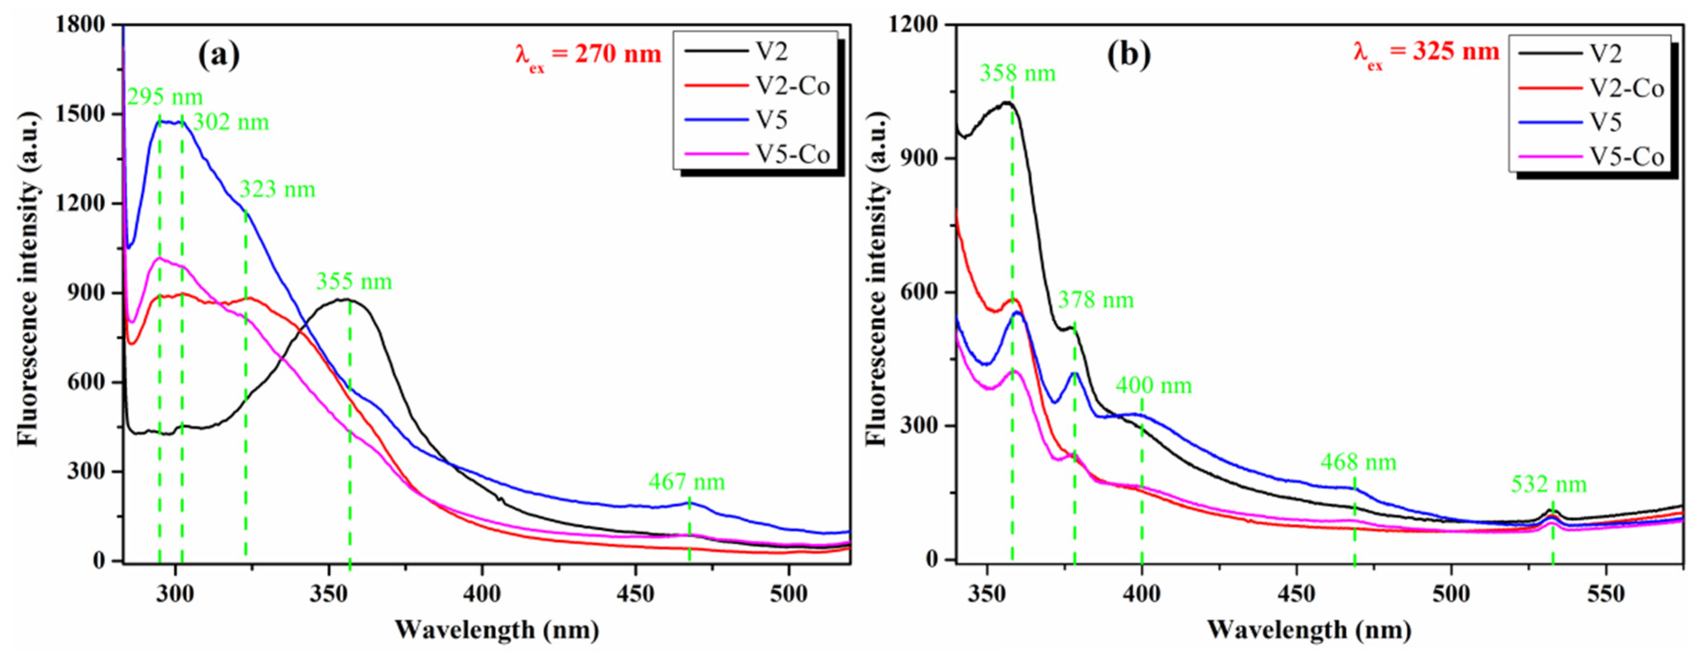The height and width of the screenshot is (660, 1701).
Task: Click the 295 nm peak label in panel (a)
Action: click(165, 98)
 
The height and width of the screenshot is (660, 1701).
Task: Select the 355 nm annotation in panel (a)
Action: click(354, 282)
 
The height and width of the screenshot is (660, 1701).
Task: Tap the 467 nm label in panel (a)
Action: click(687, 482)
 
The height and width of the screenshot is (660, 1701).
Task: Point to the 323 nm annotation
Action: click(278, 190)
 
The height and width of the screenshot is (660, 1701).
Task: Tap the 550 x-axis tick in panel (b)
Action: click(1605, 594)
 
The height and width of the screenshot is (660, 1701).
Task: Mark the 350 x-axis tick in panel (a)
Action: click(329, 594)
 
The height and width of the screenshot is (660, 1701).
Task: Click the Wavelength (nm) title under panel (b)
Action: click(1309, 630)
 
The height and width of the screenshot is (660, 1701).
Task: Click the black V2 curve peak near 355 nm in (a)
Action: click(345, 300)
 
